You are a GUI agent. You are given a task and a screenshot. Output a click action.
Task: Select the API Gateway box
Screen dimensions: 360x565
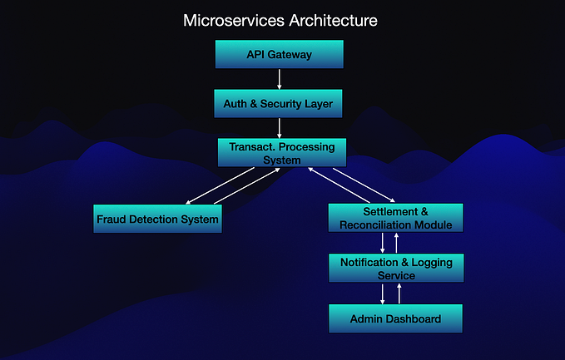click(279, 54)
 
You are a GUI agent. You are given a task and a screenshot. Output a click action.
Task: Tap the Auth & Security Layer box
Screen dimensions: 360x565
click(279, 103)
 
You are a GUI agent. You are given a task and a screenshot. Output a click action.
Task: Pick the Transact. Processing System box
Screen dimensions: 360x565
click(281, 153)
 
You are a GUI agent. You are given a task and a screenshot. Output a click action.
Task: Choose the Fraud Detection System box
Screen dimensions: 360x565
click(157, 219)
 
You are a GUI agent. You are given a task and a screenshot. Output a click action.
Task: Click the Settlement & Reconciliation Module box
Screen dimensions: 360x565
click(395, 218)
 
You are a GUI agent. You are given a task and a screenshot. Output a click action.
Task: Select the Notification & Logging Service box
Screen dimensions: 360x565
click(395, 269)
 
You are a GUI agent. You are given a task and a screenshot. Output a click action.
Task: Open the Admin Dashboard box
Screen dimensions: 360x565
click(395, 318)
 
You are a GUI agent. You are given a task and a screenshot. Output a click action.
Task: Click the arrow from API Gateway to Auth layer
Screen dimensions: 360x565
click(279, 79)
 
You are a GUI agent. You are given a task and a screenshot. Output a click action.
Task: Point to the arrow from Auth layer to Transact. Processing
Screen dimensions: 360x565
click(279, 128)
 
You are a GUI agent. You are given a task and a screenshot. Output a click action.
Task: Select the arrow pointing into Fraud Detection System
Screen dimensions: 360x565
click(219, 186)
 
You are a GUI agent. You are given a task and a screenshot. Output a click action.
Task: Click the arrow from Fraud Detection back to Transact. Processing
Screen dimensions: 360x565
click(248, 186)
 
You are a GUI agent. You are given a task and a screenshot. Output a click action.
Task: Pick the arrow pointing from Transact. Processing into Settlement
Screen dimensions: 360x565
click(357, 184)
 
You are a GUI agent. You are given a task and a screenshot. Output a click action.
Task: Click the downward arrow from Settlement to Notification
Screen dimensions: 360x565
click(383, 243)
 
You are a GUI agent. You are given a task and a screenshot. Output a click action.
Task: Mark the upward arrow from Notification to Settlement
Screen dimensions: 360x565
click(397, 243)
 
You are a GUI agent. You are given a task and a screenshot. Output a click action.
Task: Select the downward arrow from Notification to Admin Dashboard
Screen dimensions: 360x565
click(383, 293)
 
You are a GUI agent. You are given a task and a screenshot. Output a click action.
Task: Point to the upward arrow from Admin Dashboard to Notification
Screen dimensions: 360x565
click(399, 293)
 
